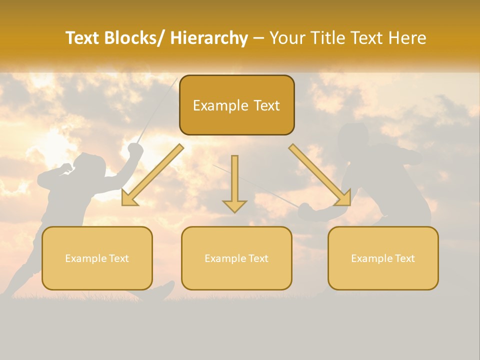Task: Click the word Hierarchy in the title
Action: [209, 38]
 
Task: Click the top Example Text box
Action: [236, 105]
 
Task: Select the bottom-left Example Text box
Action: [97, 258]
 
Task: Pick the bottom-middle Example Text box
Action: [236, 258]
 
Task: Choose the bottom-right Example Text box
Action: [383, 258]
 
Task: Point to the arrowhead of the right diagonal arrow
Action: [343, 198]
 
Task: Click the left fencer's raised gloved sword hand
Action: [135, 149]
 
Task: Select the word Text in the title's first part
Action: [82, 38]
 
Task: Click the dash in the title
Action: [258, 38]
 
